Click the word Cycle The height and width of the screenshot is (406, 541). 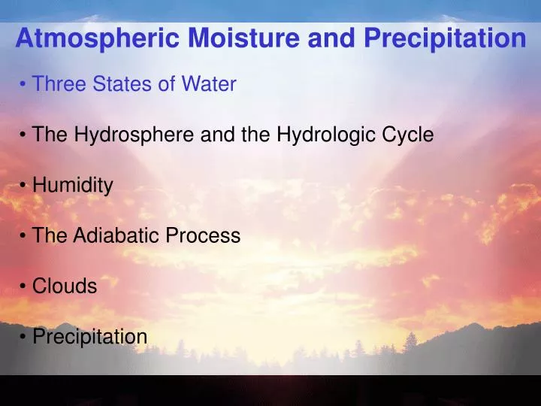[408, 135]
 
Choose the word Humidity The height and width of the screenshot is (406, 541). [72, 186]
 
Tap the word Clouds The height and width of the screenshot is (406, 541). [65, 286]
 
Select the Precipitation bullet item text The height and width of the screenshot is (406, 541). [89, 337]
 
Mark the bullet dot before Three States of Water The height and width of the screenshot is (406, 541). [25, 85]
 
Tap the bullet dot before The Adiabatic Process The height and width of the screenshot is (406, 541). [25, 237]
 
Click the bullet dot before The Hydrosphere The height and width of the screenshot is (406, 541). [25, 136]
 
